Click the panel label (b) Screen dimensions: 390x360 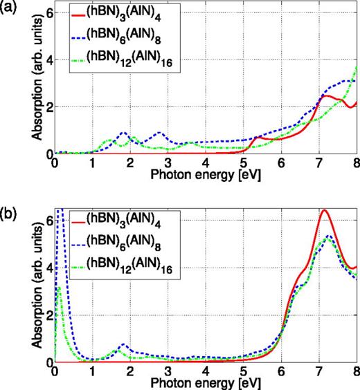[x=12, y=205]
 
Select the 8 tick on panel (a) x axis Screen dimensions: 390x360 [x=354, y=162]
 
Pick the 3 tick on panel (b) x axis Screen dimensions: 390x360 [x=168, y=371]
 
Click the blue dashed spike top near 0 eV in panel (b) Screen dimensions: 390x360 [x=60, y=209]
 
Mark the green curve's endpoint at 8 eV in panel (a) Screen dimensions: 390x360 [x=356, y=68]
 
